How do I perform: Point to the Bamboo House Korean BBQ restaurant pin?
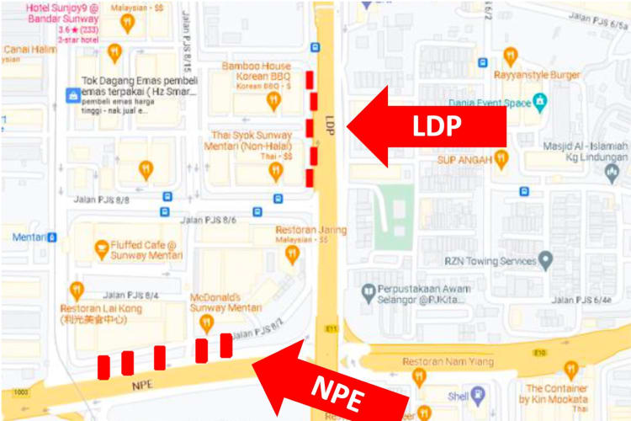tap(273, 101)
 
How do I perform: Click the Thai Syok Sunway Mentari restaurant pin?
tap(275, 172)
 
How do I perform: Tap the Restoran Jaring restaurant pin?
tap(293, 253)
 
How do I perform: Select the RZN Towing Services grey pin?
tap(546, 260)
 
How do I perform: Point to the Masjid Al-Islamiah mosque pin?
tap(612, 172)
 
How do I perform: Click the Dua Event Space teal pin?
tap(540, 103)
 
